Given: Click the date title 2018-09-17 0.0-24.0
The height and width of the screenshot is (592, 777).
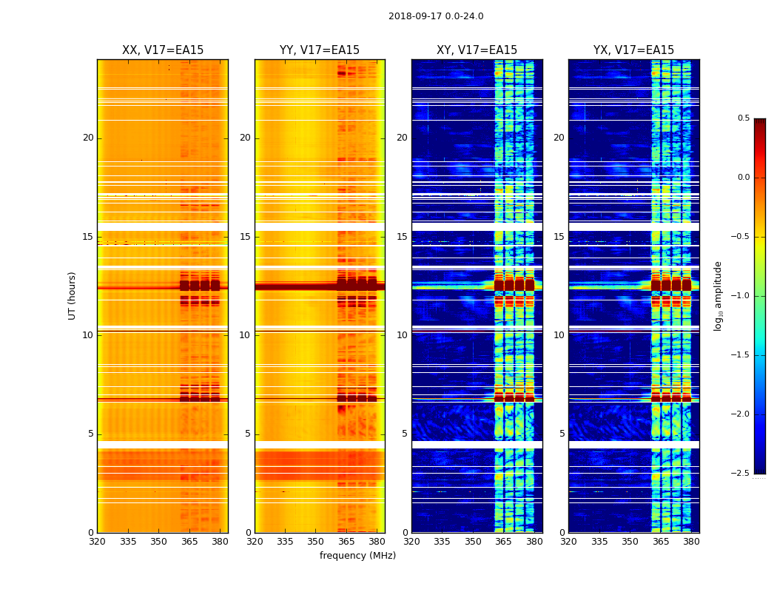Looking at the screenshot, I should (x=436, y=16).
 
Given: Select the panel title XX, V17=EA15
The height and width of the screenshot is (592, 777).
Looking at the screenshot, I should (x=163, y=50).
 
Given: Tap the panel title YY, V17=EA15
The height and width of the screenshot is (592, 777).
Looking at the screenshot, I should (x=320, y=50).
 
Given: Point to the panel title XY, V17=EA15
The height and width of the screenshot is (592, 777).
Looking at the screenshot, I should (x=477, y=50).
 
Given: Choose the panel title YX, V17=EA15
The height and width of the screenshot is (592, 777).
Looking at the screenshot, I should (x=633, y=50).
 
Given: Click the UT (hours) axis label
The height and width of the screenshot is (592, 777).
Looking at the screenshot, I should (x=73, y=295).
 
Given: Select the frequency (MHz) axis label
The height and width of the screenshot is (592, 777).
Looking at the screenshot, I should (x=357, y=556).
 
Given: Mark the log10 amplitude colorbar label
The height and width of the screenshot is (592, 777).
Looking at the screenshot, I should (x=718, y=295).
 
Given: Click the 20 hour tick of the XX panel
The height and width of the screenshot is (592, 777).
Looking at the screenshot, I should (x=88, y=138).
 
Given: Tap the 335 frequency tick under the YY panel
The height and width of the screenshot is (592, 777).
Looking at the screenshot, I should (x=285, y=542).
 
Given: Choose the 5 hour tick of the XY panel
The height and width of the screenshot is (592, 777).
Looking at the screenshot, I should (x=404, y=434).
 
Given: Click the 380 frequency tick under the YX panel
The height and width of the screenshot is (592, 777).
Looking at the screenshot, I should (x=691, y=542).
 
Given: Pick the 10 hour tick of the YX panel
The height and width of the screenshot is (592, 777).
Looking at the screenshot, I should (x=559, y=335).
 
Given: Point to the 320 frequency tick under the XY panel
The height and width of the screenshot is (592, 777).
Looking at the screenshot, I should (x=411, y=542).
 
